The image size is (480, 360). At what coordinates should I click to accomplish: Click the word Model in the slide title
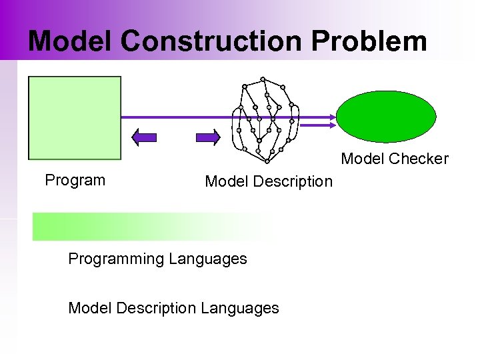point(71,41)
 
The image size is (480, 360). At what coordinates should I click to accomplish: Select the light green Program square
point(75,117)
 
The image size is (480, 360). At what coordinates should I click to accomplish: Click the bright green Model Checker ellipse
point(385,117)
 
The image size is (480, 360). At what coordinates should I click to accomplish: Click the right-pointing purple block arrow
point(208,138)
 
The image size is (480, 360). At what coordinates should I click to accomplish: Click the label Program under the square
point(75,180)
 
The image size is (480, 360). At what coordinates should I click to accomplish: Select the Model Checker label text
point(395,159)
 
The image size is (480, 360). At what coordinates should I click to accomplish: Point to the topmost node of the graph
point(263,78)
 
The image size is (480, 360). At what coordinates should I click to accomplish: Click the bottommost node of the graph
point(267,161)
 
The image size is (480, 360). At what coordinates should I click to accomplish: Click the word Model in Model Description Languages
point(89,308)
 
